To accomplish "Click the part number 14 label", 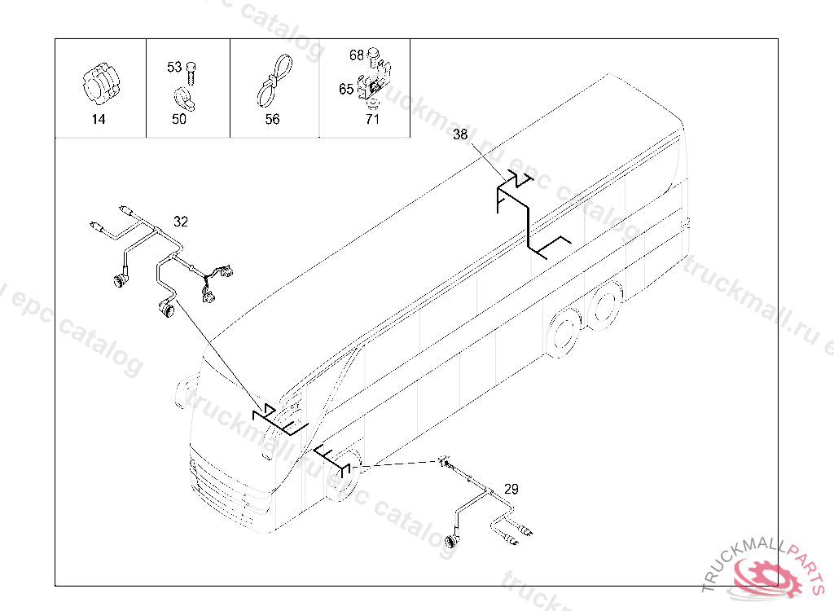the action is pos(99,119).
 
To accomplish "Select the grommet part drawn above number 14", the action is pos(102,86).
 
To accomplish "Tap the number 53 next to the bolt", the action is pos(174,67).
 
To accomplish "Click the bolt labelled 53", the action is pos(191,73).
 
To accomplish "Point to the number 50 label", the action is pos(179,119).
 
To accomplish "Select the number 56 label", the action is pos(272,119).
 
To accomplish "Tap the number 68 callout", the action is pos(357,55).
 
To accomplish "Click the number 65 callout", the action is pos(346,88).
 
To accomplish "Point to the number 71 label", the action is pos(372,119).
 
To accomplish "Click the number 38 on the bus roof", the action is pos(460,134).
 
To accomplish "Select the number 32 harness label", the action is pos(181,222).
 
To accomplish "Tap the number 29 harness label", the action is pos(511,489).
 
